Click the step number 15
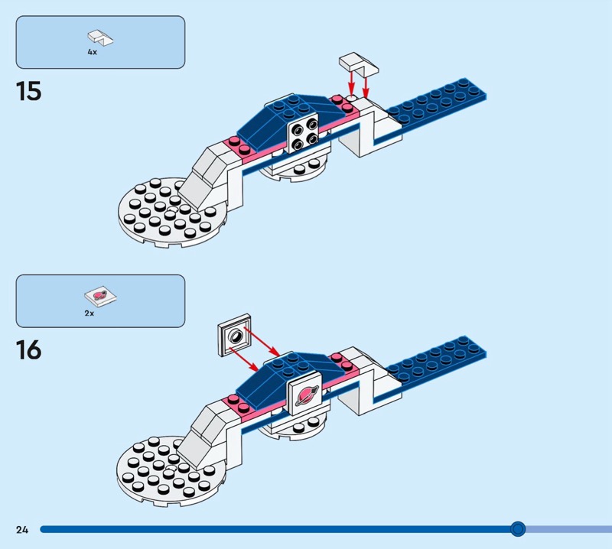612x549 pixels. click(x=28, y=91)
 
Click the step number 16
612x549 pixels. click(x=28, y=350)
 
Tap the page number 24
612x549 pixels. click(x=21, y=529)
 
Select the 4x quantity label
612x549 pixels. click(x=93, y=52)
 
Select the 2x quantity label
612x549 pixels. click(x=90, y=313)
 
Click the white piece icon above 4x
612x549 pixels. click(x=99, y=36)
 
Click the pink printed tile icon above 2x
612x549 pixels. click(x=98, y=295)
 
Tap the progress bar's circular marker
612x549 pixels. click(x=518, y=528)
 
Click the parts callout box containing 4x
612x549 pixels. click(x=100, y=42)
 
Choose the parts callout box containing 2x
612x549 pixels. click(x=100, y=301)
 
